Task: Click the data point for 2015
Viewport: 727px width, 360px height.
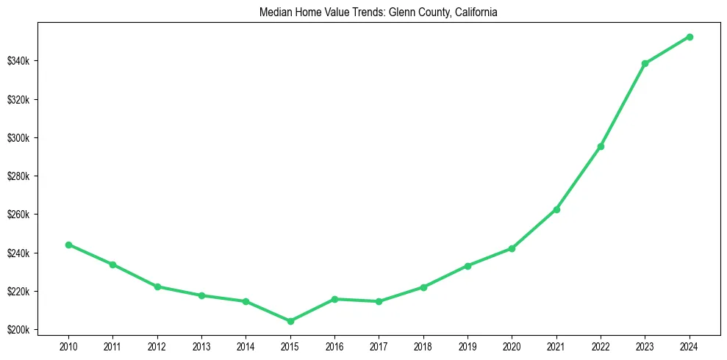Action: coord(290,321)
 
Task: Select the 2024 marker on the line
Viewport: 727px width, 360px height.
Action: coord(690,37)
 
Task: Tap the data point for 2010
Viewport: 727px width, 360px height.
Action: coord(68,245)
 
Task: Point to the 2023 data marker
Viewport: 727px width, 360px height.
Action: coord(645,63)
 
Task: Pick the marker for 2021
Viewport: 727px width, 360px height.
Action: coord(556,209)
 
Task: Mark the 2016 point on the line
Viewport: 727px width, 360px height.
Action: coord(334,299)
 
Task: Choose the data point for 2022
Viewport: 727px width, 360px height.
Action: coord(601,146)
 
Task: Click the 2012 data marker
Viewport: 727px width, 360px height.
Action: coord(157,287)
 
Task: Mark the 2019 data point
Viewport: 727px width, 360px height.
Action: coord(468,265)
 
